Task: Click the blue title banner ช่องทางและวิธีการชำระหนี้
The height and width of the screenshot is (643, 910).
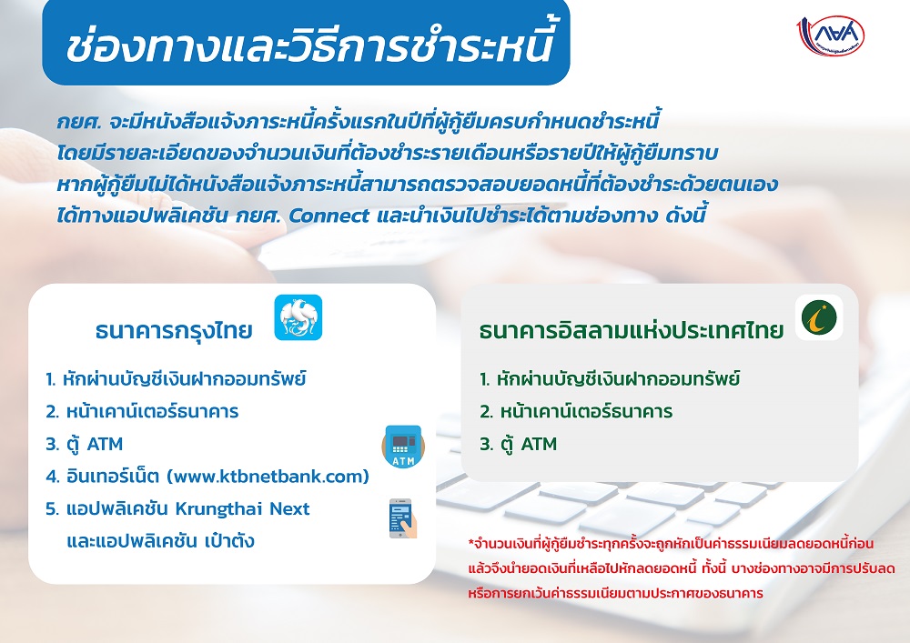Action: (306, 42)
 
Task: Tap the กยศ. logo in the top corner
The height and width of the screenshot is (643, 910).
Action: (830, 36)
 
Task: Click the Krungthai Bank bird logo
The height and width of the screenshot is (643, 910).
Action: (298, 317)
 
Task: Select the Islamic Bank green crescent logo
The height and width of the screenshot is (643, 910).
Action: (819, 317)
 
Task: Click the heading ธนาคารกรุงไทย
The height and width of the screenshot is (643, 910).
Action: (174, 330)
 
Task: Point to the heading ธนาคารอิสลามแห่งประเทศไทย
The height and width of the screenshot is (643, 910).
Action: (632, 330)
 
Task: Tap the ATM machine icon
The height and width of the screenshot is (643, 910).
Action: (403, 446)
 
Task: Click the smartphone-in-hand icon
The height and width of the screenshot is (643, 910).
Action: (402, 518)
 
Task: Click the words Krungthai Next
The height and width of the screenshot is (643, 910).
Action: (243, 508)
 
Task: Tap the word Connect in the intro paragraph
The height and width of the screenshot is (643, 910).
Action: (329, 216)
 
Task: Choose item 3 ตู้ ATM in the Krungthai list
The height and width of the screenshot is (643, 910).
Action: (84, 444)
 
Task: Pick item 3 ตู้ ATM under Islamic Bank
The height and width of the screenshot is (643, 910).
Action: (519, 444)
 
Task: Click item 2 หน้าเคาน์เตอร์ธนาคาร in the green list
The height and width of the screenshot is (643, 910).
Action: (576, 411)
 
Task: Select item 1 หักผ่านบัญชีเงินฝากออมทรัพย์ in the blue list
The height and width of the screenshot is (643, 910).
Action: (176, 378)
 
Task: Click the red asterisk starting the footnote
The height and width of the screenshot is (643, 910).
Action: (470, 542)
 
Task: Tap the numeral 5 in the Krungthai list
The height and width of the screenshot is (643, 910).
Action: (52, 508)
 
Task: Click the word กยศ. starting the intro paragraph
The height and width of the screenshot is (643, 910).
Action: (79, 122)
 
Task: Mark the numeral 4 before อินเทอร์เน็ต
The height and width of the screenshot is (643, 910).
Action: (51, 477)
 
